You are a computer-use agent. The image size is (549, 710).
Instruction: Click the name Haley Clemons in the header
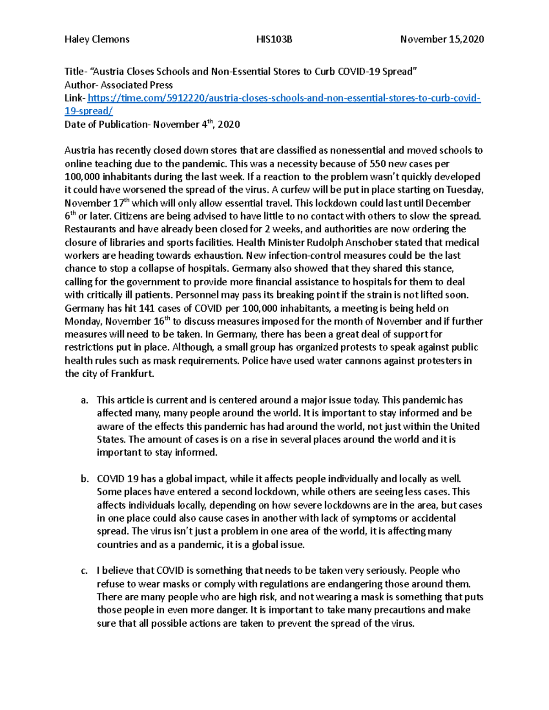(x=97, y=39)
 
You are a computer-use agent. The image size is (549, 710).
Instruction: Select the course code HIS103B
(x=274, y=39)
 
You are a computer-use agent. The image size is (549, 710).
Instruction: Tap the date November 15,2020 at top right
(x=442, y=39)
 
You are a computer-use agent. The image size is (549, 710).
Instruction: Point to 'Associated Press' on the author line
(x=137, y=85)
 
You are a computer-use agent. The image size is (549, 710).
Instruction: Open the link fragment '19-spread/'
(x=88, y=111)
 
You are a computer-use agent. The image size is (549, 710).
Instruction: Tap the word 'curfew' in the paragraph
(x=296, y=190)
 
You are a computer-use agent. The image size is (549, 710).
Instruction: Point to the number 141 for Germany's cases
(x=147, y=308)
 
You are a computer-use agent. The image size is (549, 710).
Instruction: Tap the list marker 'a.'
(x=84, y=400)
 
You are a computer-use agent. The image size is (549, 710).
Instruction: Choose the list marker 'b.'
(x=84, y=479)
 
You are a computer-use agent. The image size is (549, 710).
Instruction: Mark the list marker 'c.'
(x=84, y=571)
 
